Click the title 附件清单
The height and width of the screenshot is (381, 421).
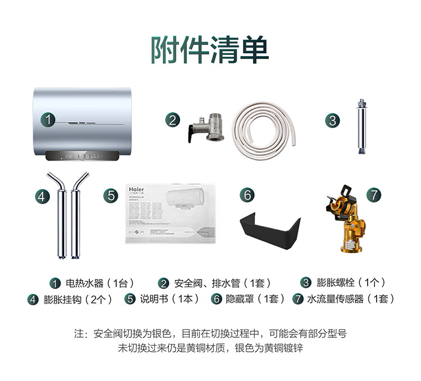tap(209, 51)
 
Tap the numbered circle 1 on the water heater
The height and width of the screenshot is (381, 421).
tap(49, 120)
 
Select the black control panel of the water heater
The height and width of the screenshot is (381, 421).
tap(83, 156)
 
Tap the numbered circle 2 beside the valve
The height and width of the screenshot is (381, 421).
tap(172, 119)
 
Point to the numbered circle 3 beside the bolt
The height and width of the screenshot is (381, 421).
tap(332, 120)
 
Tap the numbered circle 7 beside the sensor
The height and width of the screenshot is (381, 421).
tap(374, 195)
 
